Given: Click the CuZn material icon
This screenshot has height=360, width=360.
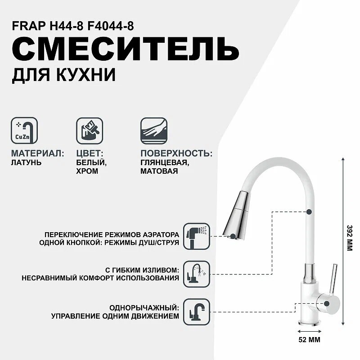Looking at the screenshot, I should [x=23, y=130].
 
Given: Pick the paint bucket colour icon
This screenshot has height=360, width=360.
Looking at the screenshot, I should [x=89, y=130].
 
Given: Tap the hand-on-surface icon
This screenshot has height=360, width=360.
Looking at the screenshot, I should [x=153, y=130].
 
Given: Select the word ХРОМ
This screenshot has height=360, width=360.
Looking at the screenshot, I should [x=88, y=171].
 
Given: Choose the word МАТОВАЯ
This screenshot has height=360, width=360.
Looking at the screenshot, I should [x=159, y=171].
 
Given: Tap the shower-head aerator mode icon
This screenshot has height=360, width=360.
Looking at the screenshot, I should [x=197, y=235].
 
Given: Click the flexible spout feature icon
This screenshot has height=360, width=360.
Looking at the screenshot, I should [x=197, y=274].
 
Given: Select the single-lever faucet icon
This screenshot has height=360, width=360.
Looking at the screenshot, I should [x=197, y=311].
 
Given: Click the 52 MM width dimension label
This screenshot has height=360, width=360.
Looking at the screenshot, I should [x=310, y=340].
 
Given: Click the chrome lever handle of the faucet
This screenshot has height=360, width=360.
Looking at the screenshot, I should [x=333, y=281].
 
